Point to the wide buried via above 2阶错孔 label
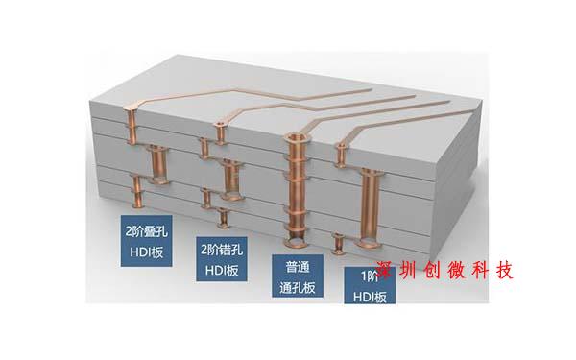click(x=230, y=173)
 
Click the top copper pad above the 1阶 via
click(x=341, y=147)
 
